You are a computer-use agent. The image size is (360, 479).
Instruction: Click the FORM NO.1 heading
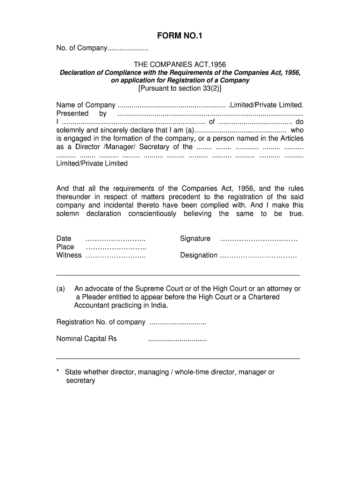180,36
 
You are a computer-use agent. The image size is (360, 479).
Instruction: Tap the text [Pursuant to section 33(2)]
180,88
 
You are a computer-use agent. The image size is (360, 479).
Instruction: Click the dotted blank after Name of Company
172,105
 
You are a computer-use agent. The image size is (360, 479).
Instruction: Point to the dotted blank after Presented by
210,114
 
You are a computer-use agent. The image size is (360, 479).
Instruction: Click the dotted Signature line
259,239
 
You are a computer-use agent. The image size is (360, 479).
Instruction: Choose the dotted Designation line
258,256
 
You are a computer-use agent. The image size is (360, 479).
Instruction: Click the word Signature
195,239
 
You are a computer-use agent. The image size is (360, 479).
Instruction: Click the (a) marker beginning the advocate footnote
61,289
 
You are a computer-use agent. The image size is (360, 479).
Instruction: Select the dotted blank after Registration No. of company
177,323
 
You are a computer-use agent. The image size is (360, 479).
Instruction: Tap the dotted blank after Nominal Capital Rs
177,339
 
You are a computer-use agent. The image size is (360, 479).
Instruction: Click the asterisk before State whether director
58,371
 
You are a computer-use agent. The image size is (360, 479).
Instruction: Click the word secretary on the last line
80,381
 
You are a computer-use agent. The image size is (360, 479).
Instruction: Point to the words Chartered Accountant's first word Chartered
264,297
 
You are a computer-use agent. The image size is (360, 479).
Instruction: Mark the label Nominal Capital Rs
86,339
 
